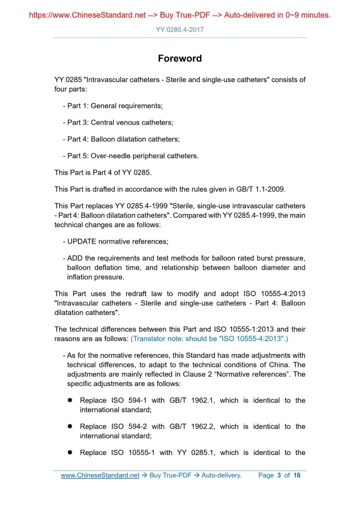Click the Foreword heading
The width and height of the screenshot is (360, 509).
[180, 58]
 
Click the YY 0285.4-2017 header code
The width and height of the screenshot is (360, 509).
[180, 30]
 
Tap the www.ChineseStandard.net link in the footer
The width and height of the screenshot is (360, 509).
[100, 475]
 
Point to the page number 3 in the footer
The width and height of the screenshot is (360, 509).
[279, 475]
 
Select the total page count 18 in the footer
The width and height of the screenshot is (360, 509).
[297, 475]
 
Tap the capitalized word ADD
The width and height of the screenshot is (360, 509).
[75, 258]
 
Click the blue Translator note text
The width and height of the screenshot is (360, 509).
[209, 339]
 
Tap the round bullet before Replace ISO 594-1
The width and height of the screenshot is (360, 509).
[69, 400]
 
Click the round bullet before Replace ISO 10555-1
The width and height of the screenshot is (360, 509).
[69, 452]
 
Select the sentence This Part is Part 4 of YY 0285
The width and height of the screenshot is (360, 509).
[103, 172]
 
